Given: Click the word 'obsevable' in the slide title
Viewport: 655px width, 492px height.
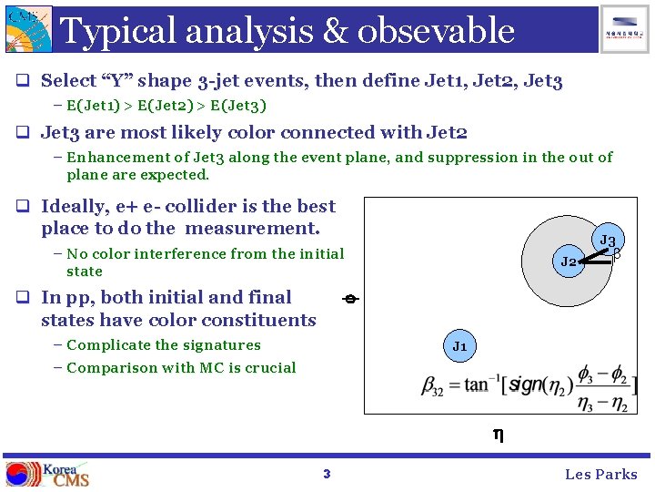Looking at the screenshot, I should click(436, 31).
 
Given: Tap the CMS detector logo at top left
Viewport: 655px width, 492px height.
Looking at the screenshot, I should click(28, 28).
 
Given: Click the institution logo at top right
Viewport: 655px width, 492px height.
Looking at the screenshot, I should click(625, 28).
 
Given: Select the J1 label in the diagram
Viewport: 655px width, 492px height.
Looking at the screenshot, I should click(459, 346).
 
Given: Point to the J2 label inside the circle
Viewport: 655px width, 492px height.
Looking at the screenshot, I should click(569, 261).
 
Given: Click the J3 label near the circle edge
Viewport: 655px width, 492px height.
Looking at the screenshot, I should click(607, 241).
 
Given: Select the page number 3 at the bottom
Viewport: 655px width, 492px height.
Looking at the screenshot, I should click(327, 474).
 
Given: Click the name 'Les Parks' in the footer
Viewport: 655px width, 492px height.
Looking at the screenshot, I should click(600, 474).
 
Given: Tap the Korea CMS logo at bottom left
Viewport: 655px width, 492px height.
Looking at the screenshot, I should click(48, 474).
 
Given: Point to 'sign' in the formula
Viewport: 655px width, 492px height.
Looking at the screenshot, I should click(525, 384).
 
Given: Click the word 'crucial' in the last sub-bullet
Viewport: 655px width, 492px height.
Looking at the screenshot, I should click(268, 368).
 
